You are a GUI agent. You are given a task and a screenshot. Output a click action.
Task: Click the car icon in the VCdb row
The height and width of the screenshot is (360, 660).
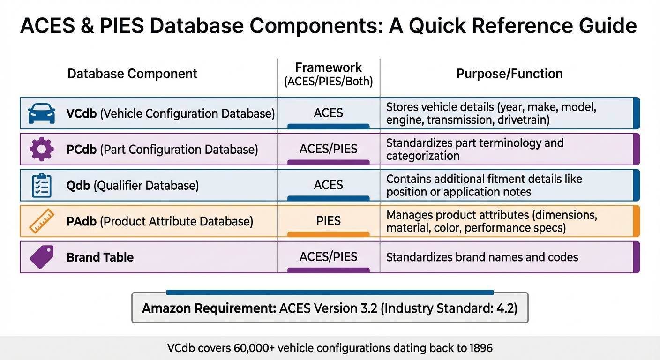coord(41,113)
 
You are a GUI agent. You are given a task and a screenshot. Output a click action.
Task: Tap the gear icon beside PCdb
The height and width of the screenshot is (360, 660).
coord(41,149)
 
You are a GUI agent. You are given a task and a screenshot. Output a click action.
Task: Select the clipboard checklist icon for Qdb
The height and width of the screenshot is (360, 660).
coord(41,185)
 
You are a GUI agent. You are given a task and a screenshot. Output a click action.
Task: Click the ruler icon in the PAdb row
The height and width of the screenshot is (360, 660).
coord(41,221)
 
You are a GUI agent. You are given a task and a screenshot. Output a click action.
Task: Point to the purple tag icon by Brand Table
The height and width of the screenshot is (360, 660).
coord(41,257)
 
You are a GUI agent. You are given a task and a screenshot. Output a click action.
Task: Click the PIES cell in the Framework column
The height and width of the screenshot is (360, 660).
coord(328,220)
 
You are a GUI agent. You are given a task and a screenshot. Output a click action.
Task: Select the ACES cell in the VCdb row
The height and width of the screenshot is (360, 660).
coord(328,113)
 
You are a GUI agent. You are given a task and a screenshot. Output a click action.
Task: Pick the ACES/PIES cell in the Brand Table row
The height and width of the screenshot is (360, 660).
coord(328,256)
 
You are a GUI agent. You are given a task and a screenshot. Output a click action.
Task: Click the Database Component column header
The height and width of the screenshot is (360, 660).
coord(133,74)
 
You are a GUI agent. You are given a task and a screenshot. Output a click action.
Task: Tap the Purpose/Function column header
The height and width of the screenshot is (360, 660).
coord(510,74)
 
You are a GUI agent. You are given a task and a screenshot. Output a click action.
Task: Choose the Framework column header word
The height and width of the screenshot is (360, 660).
coord(328,67)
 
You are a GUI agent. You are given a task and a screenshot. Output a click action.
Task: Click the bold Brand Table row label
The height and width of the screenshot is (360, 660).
coord(100,257)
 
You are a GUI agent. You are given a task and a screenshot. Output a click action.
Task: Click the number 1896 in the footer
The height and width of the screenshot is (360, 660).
coord(480,348)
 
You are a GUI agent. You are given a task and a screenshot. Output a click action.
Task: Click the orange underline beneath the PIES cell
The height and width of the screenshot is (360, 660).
coord(328,234)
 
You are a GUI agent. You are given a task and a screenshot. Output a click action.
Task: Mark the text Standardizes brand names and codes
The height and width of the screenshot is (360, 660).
coord(482,257)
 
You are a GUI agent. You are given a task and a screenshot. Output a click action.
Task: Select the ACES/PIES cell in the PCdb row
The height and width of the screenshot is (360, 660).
coord(328,149)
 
